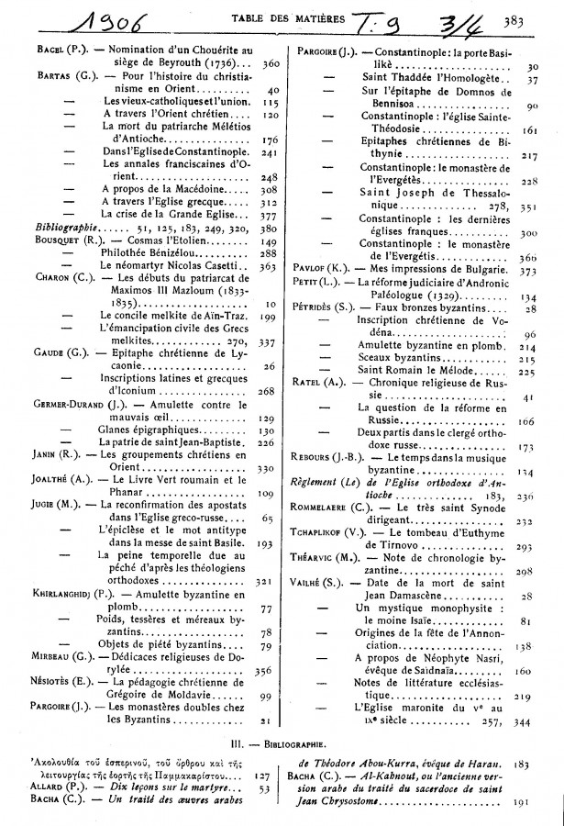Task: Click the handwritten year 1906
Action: click(68, 16)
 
